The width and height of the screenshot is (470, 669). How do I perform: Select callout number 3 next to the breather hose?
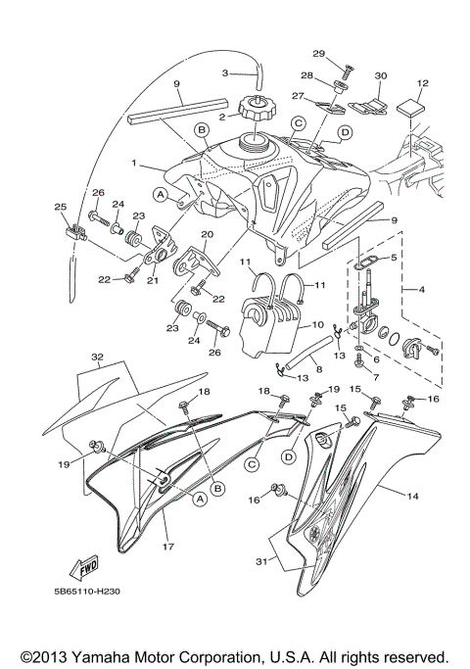click(x=224, y=72)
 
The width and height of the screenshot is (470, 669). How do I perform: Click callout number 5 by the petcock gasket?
click(x=393, y=258)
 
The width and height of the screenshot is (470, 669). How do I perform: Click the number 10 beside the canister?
click(x=317, y=325)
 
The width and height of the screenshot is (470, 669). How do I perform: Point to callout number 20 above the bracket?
click(x=207, y=235)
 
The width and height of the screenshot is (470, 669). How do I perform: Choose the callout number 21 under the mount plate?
click(x=153, y=280)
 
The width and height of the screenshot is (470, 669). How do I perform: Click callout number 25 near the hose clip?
click(x=59, y=208)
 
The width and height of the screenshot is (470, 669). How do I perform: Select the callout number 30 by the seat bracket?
click(x=381, y=75)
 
